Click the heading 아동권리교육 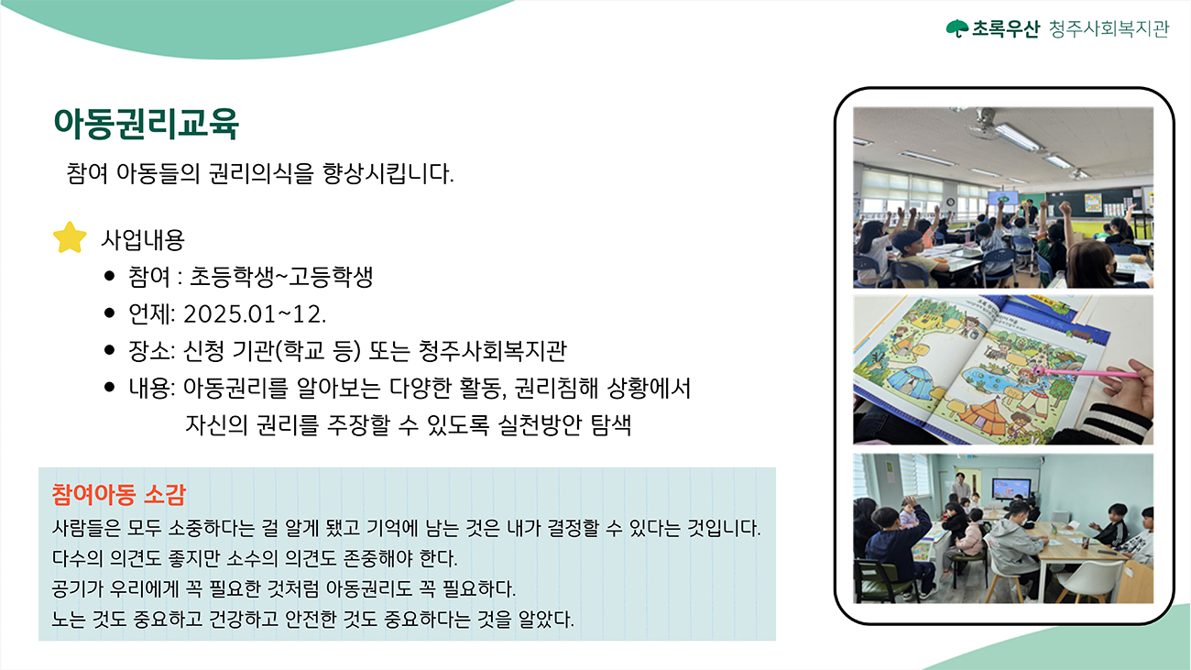tap(147, 124)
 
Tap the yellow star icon tap(70, 237)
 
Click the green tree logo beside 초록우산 tap(957, 28)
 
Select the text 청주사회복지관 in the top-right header tap(1109, 28)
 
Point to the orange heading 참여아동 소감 tap(118, 494)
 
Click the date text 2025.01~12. tap(255, 313)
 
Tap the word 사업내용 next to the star tap(143, 239)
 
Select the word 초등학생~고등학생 tap(281, 277)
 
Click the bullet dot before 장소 tap(110, 349)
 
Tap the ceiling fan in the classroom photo tap(987, 123)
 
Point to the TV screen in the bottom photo tap(1011, 489)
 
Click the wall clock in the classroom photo tap(950, 202)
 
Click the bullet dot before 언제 tap(110, 313)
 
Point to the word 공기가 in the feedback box tap(77, 588)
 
